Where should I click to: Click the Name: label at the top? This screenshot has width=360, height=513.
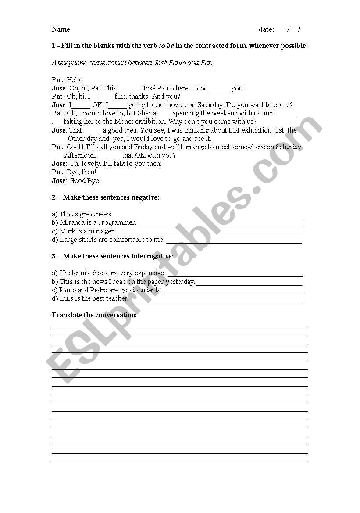(x=62, y=29)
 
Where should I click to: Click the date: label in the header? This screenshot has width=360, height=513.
(x=266, y=29)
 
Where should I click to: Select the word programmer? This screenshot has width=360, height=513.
(x=118, y=222)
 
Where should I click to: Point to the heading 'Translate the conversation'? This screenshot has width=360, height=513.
(x=94, y=315)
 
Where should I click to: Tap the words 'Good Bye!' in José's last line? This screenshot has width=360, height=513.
(x=85, y=180)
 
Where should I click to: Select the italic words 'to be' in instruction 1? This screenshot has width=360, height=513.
(x=167, y=46)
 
